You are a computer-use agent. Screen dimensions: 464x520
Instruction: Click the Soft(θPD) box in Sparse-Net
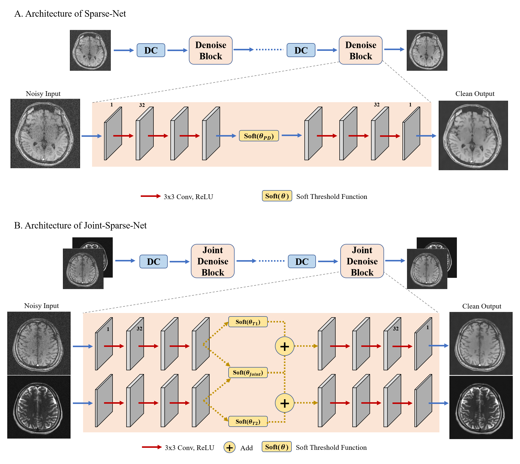tap(259, 136)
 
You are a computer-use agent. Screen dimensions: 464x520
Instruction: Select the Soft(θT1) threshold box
tap(248, 322)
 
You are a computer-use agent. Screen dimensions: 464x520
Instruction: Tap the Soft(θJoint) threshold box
tap(248, 373)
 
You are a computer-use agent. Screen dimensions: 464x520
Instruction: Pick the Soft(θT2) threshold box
tap(248, 421)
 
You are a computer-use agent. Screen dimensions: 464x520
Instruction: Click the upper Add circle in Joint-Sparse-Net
tap(284, 346)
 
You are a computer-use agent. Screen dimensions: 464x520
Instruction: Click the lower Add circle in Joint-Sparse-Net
tap(284, 403)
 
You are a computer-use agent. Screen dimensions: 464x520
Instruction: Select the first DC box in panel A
tap(151, 50)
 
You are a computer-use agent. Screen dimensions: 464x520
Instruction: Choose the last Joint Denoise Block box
tap(362, 261)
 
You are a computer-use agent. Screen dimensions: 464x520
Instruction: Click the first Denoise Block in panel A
tap(210, 50)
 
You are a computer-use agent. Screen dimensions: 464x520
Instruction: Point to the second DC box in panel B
tap(301, 261)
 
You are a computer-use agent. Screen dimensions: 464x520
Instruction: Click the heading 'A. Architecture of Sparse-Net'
tap(70, 13)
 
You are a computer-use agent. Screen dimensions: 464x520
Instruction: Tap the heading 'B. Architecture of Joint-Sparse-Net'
tap(80, 225)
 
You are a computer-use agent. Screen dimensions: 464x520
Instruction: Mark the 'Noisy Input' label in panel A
tap(43, 93)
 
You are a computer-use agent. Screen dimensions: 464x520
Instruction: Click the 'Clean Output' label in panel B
tap(482, 306)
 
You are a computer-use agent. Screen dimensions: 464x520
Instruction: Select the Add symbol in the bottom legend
tap(229, 448)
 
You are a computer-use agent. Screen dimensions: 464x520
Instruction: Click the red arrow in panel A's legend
tap(150, 196)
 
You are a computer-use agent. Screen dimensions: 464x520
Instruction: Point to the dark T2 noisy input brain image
tap(39, 407)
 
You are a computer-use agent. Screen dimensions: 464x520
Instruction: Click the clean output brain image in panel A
tap(473, 135)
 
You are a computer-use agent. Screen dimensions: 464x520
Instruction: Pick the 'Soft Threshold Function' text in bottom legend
tap(331, 448)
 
